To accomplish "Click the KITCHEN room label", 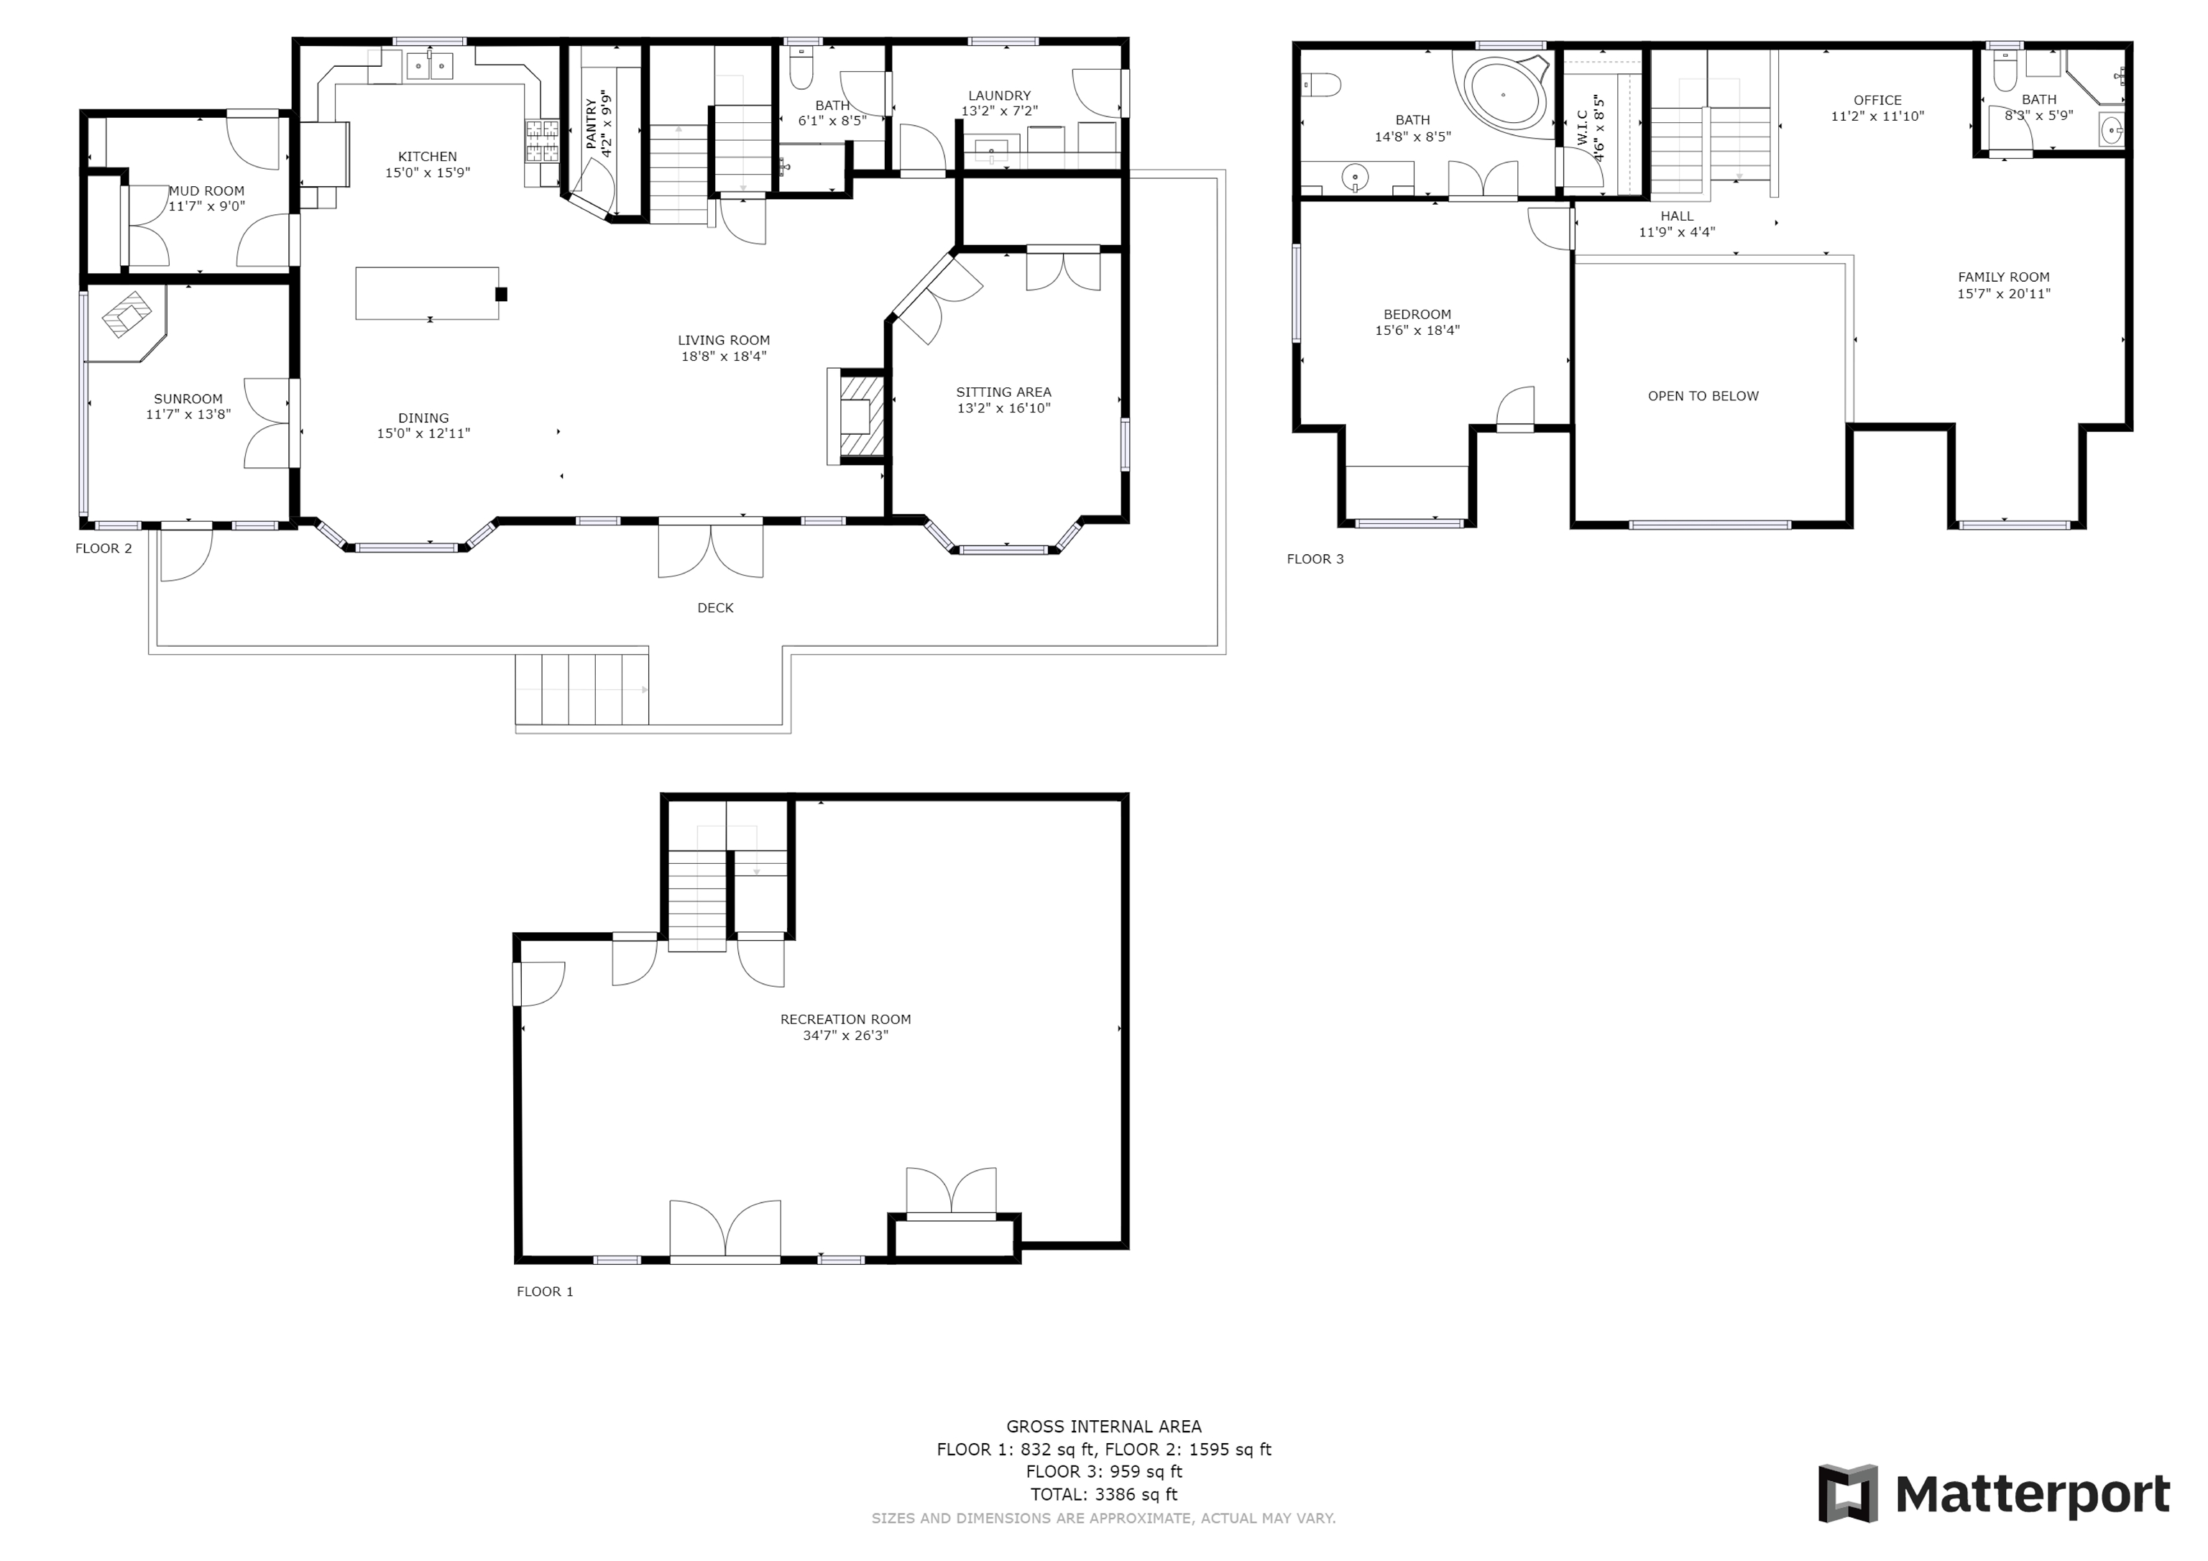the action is pos(428,157).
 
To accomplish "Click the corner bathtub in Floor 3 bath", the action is pos(1505,93).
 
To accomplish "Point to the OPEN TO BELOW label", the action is pos(1703,396).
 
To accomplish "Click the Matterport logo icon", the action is pos(1847,1493).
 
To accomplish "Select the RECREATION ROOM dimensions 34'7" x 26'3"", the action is pos(845,1036).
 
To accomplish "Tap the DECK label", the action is pos(715,608).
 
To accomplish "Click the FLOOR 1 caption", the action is pos(546,1291).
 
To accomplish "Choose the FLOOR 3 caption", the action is pos(1315,559).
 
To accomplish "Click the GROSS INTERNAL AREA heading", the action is pos(1104,1427).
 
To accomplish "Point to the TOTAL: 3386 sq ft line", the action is pos(1104,1495).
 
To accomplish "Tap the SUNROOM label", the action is pos(188,399).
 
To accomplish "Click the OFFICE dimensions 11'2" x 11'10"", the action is pos(1877,116).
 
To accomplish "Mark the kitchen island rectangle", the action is pos(427,293).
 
